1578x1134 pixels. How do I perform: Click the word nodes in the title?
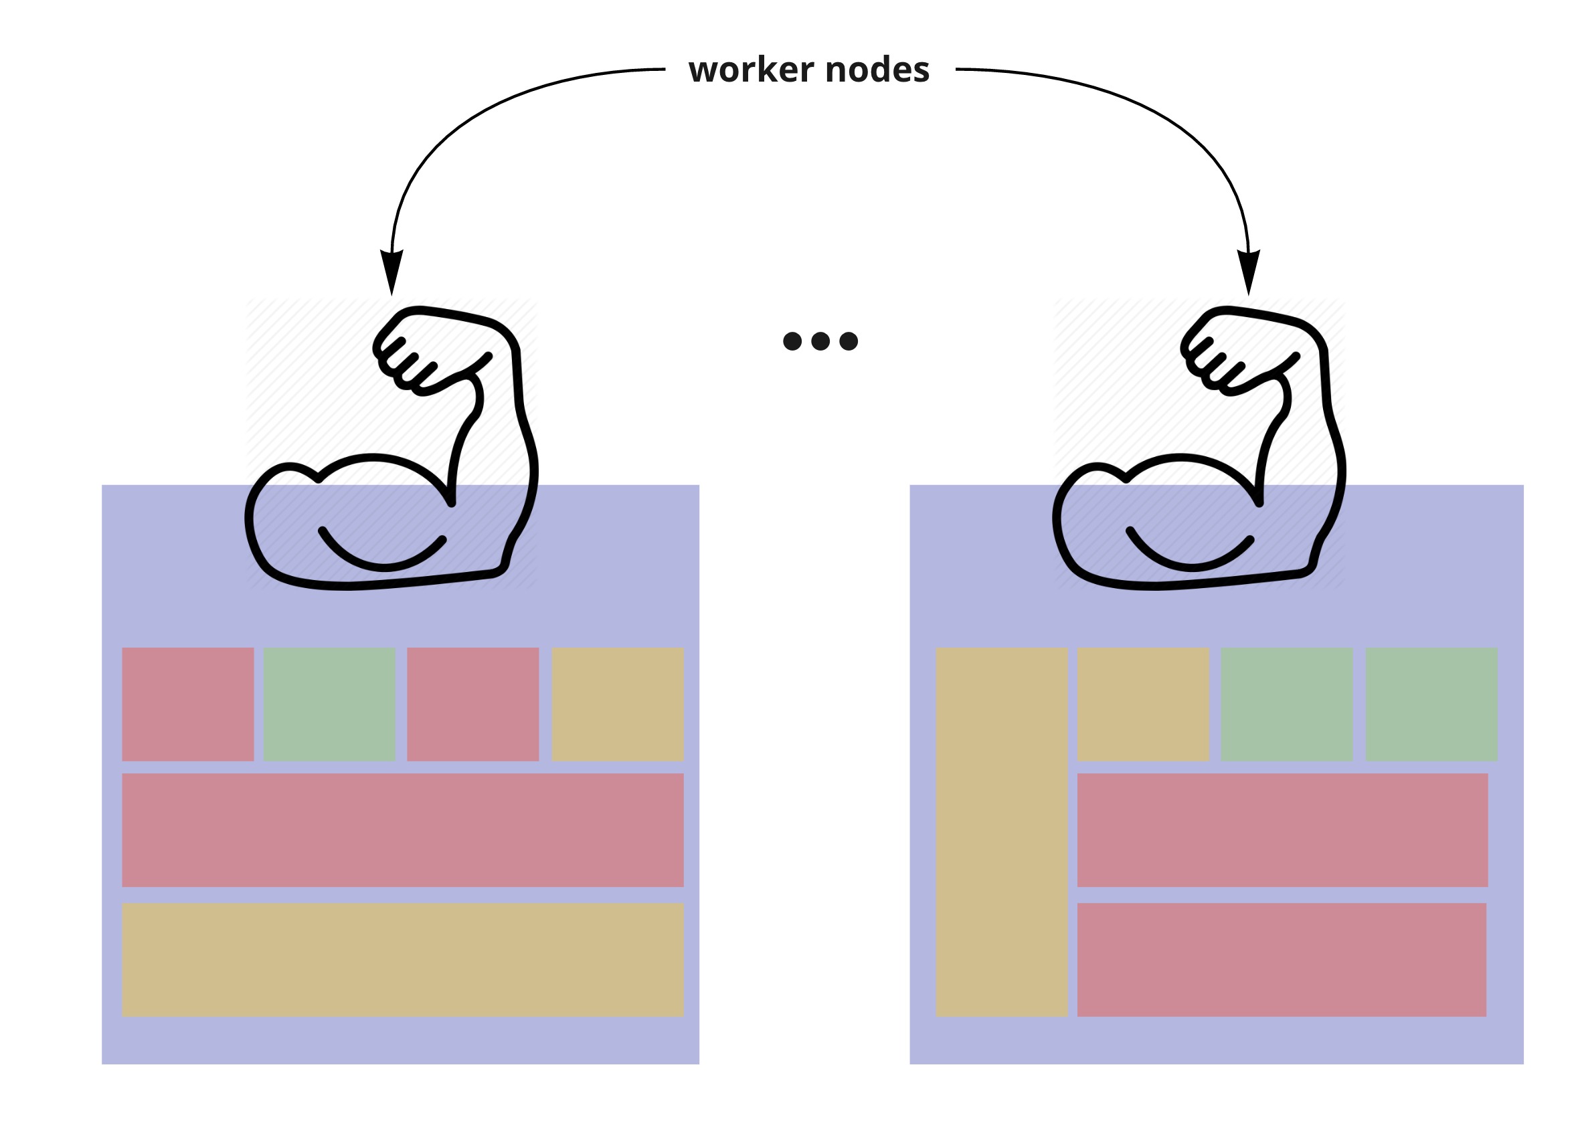click(x=877, y=70)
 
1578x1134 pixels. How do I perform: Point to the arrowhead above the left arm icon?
click(x=391, y=272)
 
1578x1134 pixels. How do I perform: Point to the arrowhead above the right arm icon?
click(x=1248, y=272)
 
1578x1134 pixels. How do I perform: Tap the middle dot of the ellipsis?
click(x=820, y=341)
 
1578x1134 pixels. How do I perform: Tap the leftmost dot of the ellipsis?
click(x=792, y=341)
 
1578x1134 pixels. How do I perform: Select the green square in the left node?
click(x=330, y=704)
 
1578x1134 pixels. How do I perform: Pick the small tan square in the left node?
click(x=618, y=704)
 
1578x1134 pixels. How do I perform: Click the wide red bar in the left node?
click(x=403, y=830)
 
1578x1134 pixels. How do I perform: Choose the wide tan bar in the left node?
click(x=403, y=960)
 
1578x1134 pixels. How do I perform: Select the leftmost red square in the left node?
click(x=188, y=704)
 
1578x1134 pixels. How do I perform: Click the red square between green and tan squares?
click(x=473, y=704)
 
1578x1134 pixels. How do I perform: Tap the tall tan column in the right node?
click(x=1002, y=832)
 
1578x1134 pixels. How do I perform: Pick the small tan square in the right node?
click(x=1144, y=704)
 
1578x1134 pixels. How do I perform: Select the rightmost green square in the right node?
click(x=1432, y=704)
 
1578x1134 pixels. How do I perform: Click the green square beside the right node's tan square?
click(x=1287, y=704)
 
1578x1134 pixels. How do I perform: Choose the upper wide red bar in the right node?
click(x=1283, y=830)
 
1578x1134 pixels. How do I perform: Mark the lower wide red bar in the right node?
click(x=1282, y=960)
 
